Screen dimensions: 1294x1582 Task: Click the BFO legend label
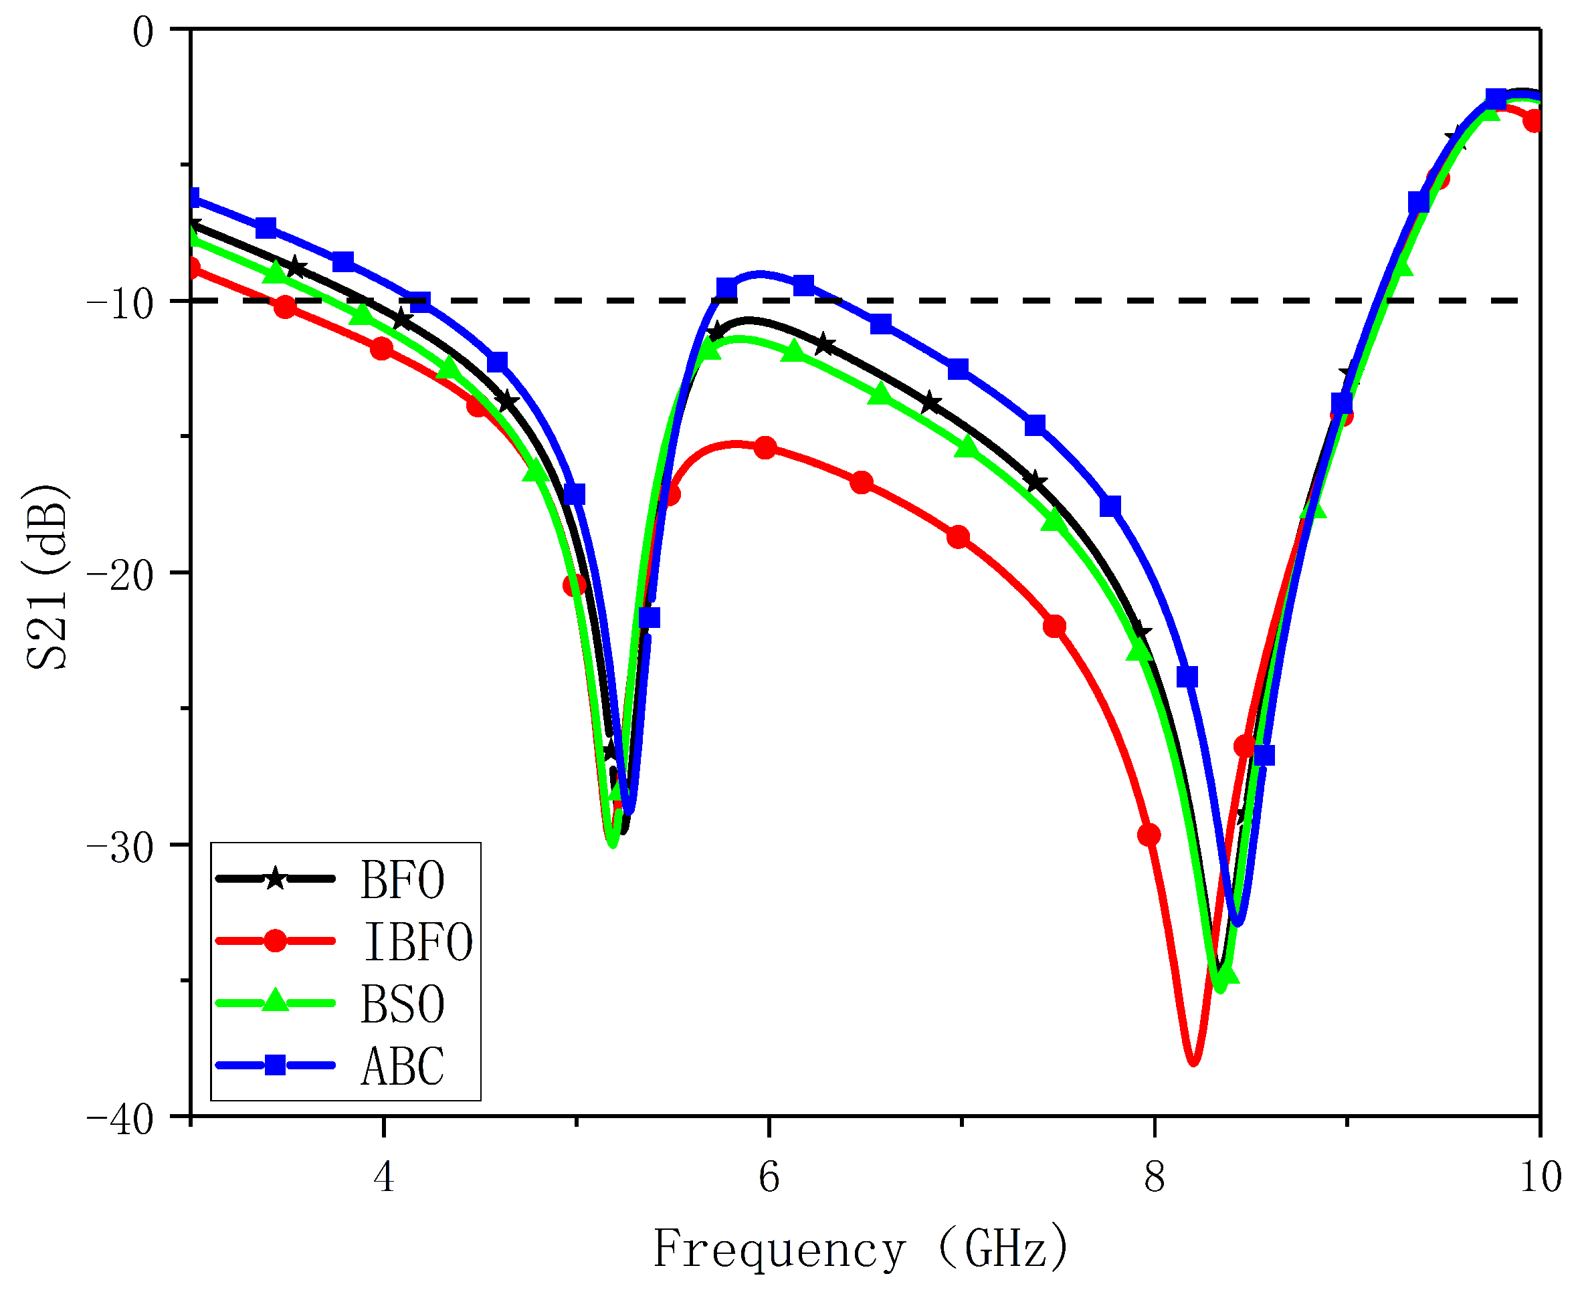(402, 880)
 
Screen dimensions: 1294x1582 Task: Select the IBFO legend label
(417, 942)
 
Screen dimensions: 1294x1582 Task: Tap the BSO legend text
(402, 1004)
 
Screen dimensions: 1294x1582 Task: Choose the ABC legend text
(402, 1066)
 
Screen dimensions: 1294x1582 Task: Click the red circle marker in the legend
(275, 941)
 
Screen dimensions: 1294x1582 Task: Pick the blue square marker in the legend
(275, 1065)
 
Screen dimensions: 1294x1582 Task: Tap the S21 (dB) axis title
(46, 578)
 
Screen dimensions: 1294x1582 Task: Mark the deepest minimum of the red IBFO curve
(1193, 1063)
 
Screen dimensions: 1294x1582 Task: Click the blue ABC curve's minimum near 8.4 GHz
(1238, 924)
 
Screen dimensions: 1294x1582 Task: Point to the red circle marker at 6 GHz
(766, 448)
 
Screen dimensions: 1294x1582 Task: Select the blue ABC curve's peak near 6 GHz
(761, 273)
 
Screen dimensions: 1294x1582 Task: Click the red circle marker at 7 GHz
(958, 538)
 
